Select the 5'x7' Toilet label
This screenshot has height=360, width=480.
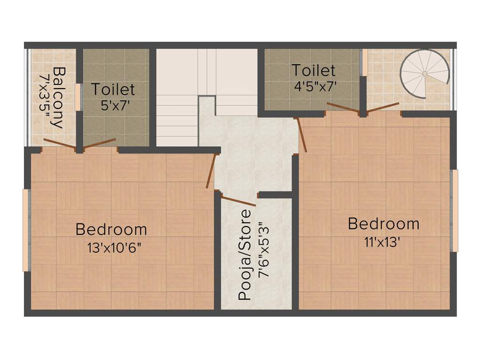pos(113,89)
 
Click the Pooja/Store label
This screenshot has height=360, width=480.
pos(245,255)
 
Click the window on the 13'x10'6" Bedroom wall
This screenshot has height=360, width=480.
pos(26,230)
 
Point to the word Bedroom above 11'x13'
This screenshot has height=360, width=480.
pos(383,224)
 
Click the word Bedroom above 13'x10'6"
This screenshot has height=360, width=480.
pos(111,230)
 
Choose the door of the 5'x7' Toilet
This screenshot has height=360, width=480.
pos(100,143)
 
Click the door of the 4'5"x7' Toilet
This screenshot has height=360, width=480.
pos(343,107)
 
